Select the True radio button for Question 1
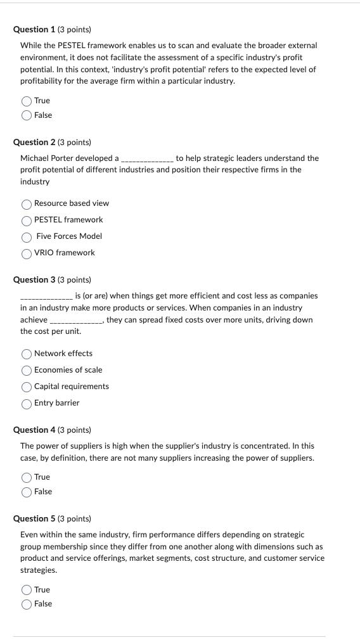click(27, 101)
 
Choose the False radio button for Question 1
click(27, 115)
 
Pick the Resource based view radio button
click(27, 204)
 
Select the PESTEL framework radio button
click(27, 221)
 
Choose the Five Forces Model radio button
click(27, 237)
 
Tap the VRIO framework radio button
click(27, 253)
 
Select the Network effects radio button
click(27, 354)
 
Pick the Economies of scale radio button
click(27, 371)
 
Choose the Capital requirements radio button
click(27, 387)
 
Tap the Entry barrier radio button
click(27, 404)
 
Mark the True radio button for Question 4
click(27, 477)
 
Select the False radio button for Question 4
click(27, 492)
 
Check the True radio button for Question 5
click(27, 590)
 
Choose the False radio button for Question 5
click(27, 605)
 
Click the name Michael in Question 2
click(35, 158)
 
